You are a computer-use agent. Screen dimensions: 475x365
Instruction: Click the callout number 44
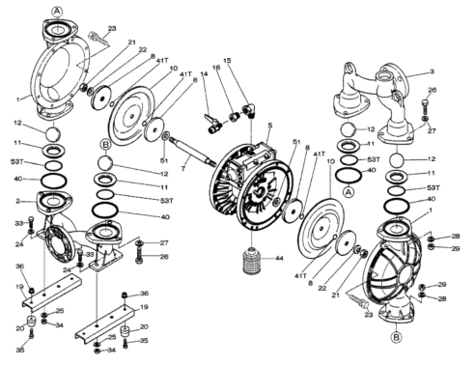pyautogui.click(x=279, y=258)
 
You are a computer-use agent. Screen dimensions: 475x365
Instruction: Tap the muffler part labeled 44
pyautogui.click(x=253, y=261)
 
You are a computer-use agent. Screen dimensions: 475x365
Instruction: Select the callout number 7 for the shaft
pyautogui.click(x=183, y=168)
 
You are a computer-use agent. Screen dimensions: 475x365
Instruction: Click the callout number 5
pyautogui.click(x=270, y=125)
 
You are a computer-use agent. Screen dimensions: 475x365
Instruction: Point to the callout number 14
pyautogui.click(x=204, y=73)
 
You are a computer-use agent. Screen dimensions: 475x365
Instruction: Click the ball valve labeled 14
pyautogui.click(x=211, y=124)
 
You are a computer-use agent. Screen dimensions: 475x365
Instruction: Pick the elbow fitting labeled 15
pyautogui.click(x=250, y=110)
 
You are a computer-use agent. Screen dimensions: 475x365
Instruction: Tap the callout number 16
pyautogui.click(x=216, y=68)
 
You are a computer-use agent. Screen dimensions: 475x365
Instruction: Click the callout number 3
pyautogui.click(x=432, y=71)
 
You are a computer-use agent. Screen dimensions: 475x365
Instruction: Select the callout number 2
pyautogui.click(x=18, y=201)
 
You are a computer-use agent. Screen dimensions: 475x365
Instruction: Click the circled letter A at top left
pyautogui.click(x=57, y=12)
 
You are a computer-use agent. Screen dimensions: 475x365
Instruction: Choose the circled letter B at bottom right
pyautogui.click(x=396, y=337)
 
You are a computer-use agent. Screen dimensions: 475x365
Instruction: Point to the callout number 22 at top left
pyautogui.click(x=142, y=49)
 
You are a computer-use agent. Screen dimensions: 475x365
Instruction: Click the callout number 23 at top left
pyautogui.click(x=112, y=28)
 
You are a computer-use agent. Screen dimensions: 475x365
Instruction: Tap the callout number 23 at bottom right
pyautogui.click(x=369, y=315)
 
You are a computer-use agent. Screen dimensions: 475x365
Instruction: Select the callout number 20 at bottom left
pyautogui.click(x=20, y=328)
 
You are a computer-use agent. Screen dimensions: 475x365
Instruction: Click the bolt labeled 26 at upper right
pyautogui.click(x=425, y=107)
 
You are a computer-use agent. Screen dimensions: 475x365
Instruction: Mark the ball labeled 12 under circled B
pyautogui.click(x=105, y=163)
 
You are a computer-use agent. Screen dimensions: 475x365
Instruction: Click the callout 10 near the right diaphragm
pyautogui.click(x=330, y=161)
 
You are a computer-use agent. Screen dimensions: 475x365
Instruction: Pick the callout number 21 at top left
pyautogui.click(x=131, y=42)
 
